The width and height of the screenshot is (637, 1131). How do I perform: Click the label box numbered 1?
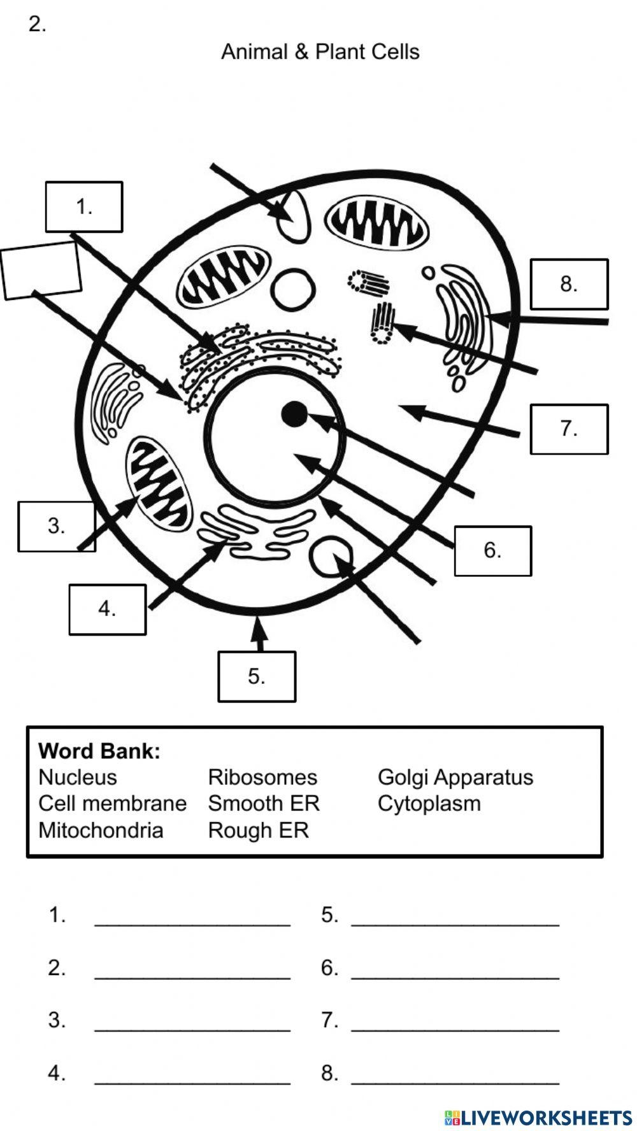84,207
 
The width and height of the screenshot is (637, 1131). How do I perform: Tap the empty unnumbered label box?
41,270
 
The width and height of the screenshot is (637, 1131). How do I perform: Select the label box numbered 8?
569,284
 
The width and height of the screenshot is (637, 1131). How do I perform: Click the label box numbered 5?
257,676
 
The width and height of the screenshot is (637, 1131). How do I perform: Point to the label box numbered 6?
492,551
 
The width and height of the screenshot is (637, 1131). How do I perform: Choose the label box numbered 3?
56,526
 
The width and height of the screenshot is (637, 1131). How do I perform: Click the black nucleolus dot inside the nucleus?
294,415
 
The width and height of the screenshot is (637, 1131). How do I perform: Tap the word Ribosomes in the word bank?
262,778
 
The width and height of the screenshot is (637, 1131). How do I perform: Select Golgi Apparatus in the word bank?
455,778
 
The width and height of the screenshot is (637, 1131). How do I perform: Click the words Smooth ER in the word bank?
263,804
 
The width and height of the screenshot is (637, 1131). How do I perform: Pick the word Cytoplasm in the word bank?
429,804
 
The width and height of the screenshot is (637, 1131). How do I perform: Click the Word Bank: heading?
99,751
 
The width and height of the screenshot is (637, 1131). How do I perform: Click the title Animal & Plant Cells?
320,52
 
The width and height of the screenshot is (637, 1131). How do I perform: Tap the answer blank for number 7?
455,1021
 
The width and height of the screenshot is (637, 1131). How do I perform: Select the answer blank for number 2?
192,969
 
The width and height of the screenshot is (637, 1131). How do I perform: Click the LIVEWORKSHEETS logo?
538,1117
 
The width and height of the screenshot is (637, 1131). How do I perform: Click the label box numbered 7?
569,429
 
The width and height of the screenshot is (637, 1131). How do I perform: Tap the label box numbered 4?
107,609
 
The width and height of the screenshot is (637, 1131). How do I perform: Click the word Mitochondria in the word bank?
101,830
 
